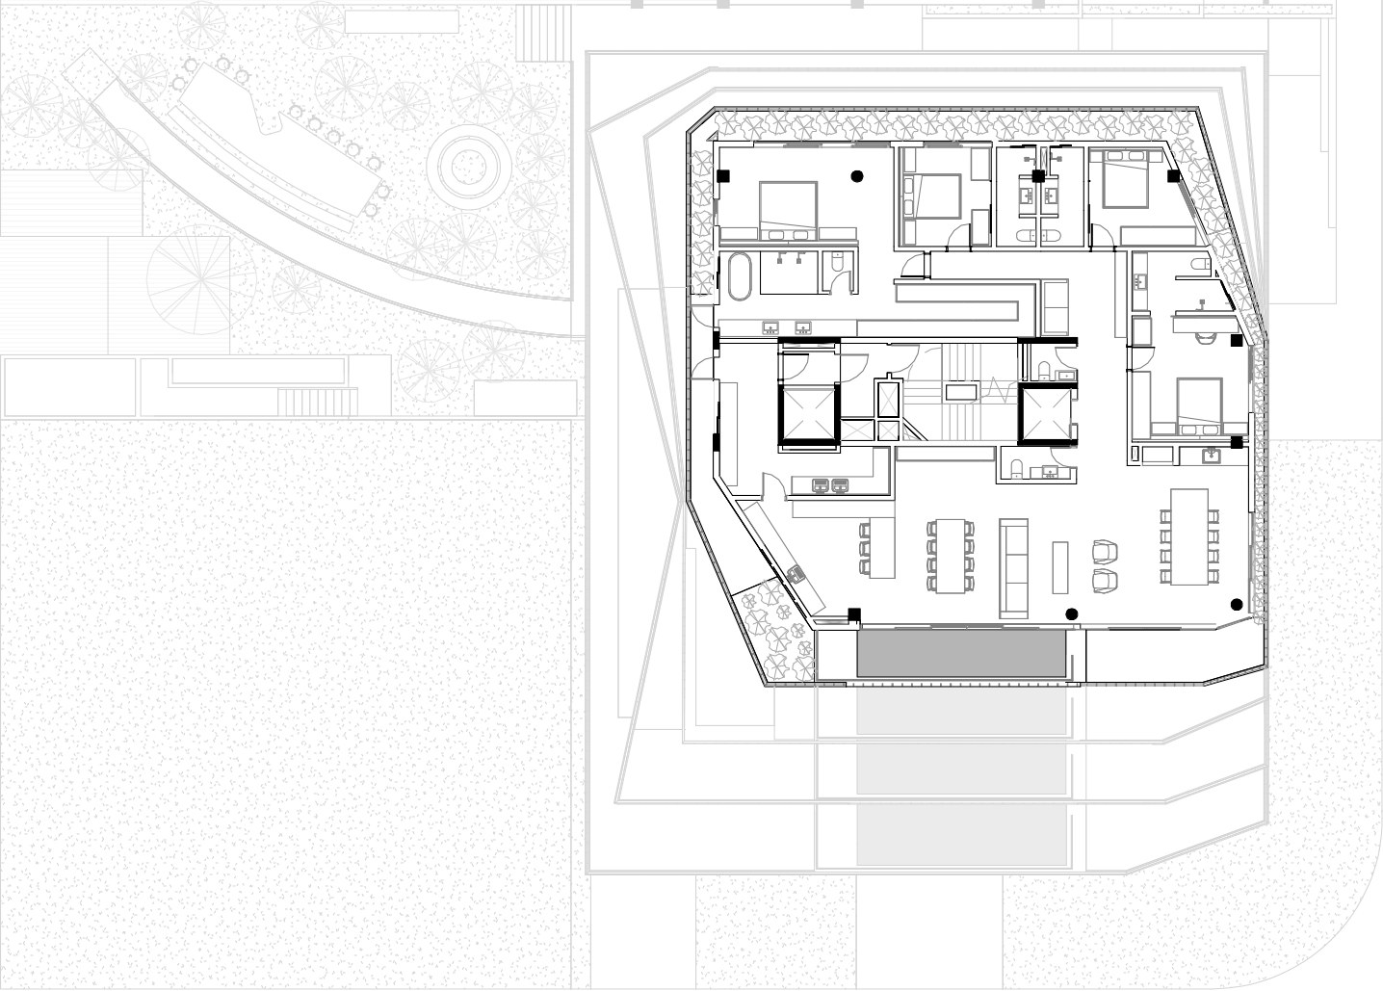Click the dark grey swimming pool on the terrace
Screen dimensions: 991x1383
pyautogui.click(x=961, y=654)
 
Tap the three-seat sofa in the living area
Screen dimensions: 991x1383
pyautogui.click(x=1014, y=567)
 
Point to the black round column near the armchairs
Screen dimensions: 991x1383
pyautogui.click(x=1070, y=613)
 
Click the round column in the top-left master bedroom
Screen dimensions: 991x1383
pyautogui.click(x=855, y=175)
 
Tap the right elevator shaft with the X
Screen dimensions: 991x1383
pyautogui.click(x=1045, y=412)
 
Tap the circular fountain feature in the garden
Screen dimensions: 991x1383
pyautogui.click(x=467, y=166)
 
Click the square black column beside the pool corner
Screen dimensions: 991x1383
pyautogui.click(x=853, y=614)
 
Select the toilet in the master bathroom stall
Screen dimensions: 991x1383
pyautogui.click(x=837, y=262)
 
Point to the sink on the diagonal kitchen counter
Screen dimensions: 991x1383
pyautogui.click(x=796, y=573)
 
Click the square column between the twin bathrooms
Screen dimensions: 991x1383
pyautogui.click(x=1038, y=176)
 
